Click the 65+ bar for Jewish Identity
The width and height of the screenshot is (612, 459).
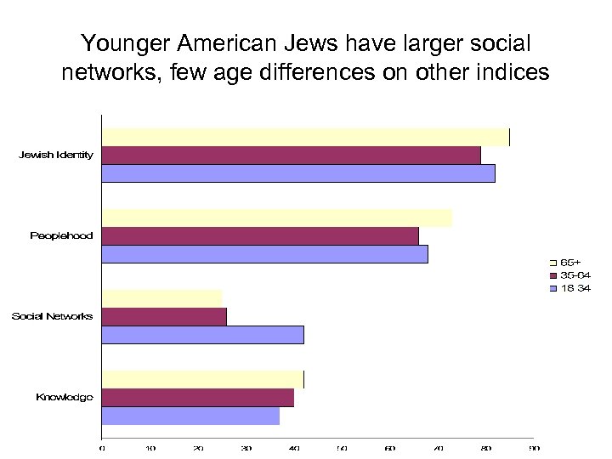pyautogui.click(x=305, y=137)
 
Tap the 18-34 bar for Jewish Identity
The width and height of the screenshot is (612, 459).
pyautogui.click(x=298, y=173)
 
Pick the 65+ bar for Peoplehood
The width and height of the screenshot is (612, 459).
pyautogui.click(x=277, y=218)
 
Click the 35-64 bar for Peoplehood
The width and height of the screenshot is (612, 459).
pyautogui.click(x=260, y=235)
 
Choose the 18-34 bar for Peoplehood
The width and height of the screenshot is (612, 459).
pyautogui.click(x=264, y=254)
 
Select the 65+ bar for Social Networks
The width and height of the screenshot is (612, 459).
pyautogui.click(x=161, y=297)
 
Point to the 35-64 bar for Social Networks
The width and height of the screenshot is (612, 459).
pyautogui.click(x=164, y=316)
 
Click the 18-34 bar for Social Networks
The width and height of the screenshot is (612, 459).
pyautogui.click(x=202, y=335)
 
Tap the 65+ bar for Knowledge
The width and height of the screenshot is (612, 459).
pyautogui.click(x=202, y=379)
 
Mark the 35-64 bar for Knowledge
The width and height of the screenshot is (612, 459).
pyautogui.click(x=198, y=397)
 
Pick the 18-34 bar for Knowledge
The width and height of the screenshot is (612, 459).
pyautogui.click(x=190, y=416)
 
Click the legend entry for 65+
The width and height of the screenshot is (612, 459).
pyautogui.click(x=570, y=263)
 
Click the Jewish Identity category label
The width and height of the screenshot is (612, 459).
pyautogui.click(x=56, y=155)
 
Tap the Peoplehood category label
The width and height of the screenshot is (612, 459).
pyautogui.click(x=61, y=235)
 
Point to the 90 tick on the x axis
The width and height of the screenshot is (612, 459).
pyautogui.click(x=534, y=447)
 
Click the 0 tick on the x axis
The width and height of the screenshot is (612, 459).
pyautogui.click(x=102, y=447)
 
